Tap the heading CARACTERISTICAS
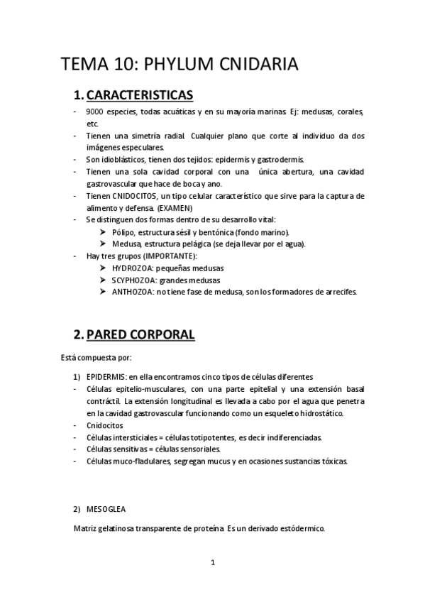pyautogui.click(x=145, y=94)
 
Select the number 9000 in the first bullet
pyautogui.click(x=95, y=112)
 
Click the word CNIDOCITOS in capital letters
pyautogui.click(x=145, y=195)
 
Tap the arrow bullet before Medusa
pyautogui.click(x=104, y=244)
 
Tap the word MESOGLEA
pyautogui.click(x=106, y=510)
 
